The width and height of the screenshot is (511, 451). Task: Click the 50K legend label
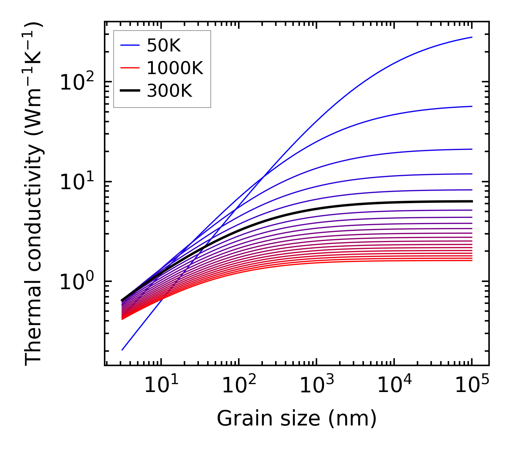click(x=164, y=45)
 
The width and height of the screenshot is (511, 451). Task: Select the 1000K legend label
click(x=175, y=68)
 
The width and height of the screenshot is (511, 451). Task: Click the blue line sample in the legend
click(x=130, y=45)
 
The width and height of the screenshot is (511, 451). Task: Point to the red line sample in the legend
click(x=130, y=68)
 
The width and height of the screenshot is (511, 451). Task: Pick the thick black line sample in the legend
click(x=130, y=91)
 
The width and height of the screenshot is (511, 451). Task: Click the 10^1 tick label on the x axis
click(x=161, y=386)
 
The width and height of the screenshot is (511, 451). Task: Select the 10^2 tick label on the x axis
click(x=238, y=386)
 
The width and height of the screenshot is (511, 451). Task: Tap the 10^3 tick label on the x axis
click(x=316, y=386)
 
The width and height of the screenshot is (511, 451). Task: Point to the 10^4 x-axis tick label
click(x=394, y=386)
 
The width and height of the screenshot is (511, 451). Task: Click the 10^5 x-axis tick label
click(x=471, y=386)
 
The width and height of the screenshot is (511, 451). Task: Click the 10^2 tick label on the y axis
click(x=76, y=83)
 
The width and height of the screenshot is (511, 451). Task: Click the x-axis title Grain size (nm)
click(x=297, y=419)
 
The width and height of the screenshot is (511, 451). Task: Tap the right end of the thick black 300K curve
click(x=472, y=201)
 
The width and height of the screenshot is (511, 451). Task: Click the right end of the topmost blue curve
click(x=472, y=37)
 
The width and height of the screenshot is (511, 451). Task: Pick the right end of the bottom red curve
click(x=472, y=260)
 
